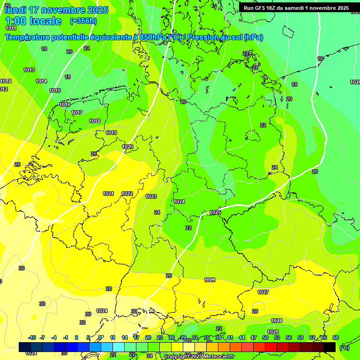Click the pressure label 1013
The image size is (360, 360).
pos(29,70)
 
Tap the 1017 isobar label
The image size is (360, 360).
pos(77,112)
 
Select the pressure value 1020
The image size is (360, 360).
pos(127,147)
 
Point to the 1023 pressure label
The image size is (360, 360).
pos(151,196)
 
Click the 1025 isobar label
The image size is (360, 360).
pos(215,212)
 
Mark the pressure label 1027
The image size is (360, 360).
pos(263,292)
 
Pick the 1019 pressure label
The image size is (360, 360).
pos(111,133)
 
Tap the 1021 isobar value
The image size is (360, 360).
pos(108,194)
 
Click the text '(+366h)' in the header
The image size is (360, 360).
pos(83,21)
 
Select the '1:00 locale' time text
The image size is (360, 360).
pos(33,21)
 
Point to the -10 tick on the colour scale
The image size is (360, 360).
pos(32,337)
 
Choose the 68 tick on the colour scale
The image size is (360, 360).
pos(336,337)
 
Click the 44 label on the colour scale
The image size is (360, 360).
pos(242,337)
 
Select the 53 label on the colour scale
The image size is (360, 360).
pos(277,337)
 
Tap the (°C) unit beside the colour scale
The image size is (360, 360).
pos(345,347)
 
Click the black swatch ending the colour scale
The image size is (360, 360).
pos(330,347)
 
